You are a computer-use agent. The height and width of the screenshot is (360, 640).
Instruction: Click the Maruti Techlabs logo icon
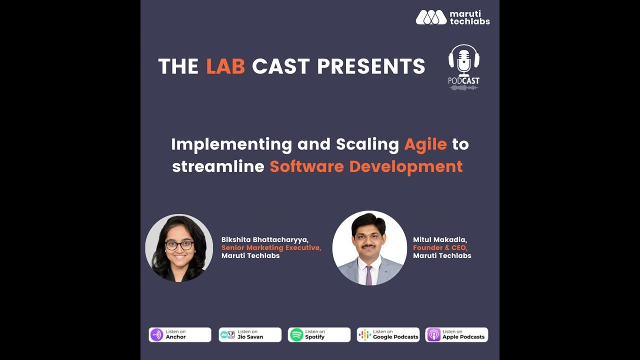coord(431,17)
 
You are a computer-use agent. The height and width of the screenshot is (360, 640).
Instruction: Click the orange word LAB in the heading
coord(225,66)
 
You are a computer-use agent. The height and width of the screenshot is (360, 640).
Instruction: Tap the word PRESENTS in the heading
coord(371,66)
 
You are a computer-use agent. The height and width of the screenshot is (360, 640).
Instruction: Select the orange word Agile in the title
coord(425,144)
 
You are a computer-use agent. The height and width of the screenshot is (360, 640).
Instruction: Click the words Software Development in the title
coord(366,166)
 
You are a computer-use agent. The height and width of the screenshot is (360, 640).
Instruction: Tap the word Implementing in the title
coord(231,144)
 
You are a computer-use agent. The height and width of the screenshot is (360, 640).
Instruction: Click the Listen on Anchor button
coord(180,334)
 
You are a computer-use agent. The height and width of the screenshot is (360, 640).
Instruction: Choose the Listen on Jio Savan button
coord(250,334)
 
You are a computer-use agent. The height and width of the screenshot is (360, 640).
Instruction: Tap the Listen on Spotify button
coord(319,334)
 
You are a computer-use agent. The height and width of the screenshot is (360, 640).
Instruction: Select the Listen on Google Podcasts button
coord(388,334)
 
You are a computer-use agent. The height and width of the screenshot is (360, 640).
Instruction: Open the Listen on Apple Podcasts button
coord(456,334)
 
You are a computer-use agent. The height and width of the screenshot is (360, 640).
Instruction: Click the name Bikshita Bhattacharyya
coord(265,240)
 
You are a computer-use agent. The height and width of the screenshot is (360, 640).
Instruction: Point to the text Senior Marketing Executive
coord(271,247)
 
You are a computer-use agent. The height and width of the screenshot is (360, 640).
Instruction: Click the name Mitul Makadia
coord(440,240)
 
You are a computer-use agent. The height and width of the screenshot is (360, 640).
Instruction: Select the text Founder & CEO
coord(440,247)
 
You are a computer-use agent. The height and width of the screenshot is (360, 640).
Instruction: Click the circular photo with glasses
coord(179,248)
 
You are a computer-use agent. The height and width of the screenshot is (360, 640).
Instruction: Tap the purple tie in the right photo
coord(368,275)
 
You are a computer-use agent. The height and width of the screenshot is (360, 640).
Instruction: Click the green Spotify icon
coord(296,334)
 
